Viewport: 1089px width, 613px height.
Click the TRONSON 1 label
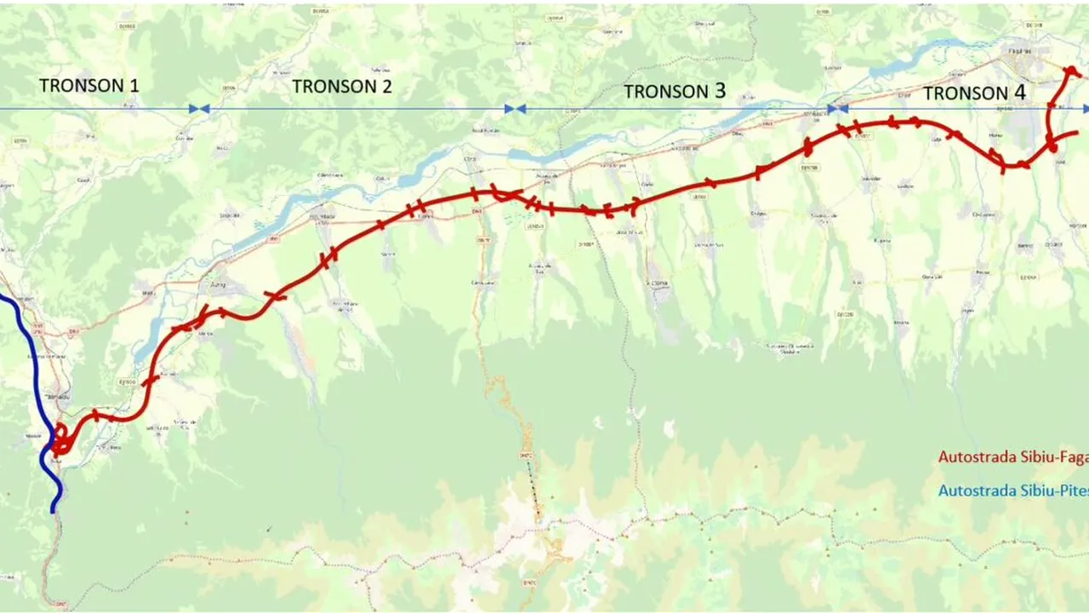(x=88, y=85)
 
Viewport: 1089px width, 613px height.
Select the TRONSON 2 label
(x=342, y=86)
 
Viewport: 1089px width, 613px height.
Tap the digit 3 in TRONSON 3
(x=719, y=91)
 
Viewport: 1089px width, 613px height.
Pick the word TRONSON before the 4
(x=965, y=93)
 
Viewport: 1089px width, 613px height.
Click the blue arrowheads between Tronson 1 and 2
(x=199, y=109)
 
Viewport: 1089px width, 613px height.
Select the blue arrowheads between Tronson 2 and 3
(x=515, y=109)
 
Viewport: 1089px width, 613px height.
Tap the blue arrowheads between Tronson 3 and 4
(x=838, y=109)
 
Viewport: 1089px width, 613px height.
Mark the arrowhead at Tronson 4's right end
(x=1085, y=109)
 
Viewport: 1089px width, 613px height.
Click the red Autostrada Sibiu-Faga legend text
(x=1012, y=457)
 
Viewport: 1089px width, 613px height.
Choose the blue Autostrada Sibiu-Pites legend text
(x=1012, y=490)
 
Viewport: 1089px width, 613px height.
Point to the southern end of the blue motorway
(x=54, y=508)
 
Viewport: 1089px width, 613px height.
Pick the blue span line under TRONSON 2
(x=357, y=109)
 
